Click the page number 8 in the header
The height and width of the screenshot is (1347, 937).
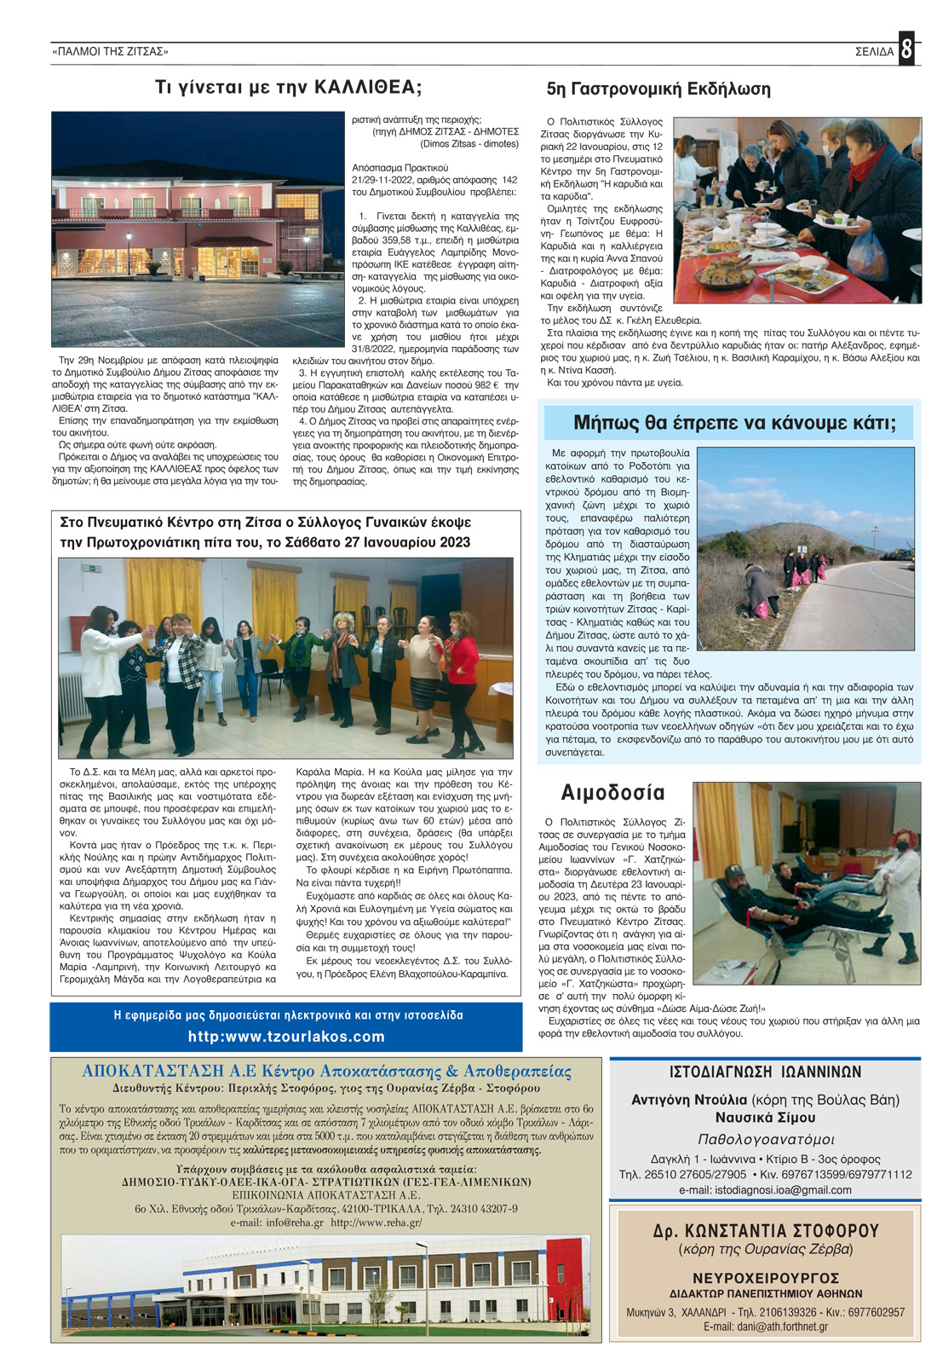[x=906, y=49]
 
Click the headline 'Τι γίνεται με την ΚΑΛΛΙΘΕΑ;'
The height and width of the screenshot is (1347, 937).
[x=288, y=88]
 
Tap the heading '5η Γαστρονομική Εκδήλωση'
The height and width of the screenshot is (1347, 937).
[x=658, y=90]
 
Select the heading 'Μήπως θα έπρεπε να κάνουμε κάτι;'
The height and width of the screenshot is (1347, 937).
[x=733, y=423]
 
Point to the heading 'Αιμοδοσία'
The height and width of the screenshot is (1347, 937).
[x=612, y=793]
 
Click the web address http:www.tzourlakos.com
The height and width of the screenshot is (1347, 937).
[x=286, y=1037]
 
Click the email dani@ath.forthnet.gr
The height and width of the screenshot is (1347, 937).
[x=765, y=1327]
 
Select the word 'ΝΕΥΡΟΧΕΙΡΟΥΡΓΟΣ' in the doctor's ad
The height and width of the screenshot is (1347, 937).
[x=765, y=1278]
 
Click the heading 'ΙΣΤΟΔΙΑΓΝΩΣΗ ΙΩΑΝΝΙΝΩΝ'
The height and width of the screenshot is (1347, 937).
[x=765, y=1072]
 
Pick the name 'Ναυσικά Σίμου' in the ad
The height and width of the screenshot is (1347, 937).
[x=765, y=1118]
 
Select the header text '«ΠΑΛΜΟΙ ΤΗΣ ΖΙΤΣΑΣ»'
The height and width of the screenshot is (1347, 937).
[x=111, y=52]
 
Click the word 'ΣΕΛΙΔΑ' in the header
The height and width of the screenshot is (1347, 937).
[x=874, y=52]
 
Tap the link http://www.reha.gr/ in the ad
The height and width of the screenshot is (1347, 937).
[x=376, y=1223]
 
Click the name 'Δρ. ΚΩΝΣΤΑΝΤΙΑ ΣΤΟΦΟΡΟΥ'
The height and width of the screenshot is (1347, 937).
[x=765, y=1231]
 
